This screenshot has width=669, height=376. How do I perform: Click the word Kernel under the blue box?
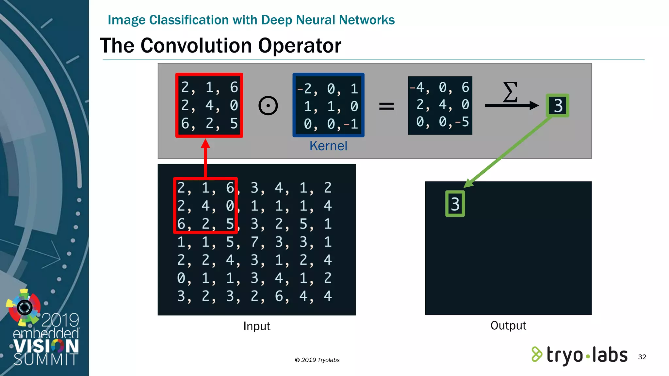coord(328,146)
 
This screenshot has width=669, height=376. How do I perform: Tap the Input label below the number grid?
coord(257,326)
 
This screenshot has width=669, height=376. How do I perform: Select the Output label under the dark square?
coord(508,325)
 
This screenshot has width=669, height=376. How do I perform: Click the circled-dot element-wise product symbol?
coord(268,106)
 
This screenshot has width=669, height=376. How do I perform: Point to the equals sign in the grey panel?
coord(386,106)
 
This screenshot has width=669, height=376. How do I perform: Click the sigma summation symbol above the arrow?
coord(510,92)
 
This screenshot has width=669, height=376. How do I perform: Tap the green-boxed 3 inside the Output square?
coord(455,204)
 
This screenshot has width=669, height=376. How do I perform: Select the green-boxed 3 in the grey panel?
coord(558,106)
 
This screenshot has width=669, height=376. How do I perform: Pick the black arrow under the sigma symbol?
coord(511,105)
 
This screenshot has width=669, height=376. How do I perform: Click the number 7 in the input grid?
coord(255,242)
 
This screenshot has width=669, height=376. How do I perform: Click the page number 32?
coord(642,357)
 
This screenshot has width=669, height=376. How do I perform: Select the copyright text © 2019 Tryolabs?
coord(317,360)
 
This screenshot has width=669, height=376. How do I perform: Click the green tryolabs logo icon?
coord(536,354)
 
